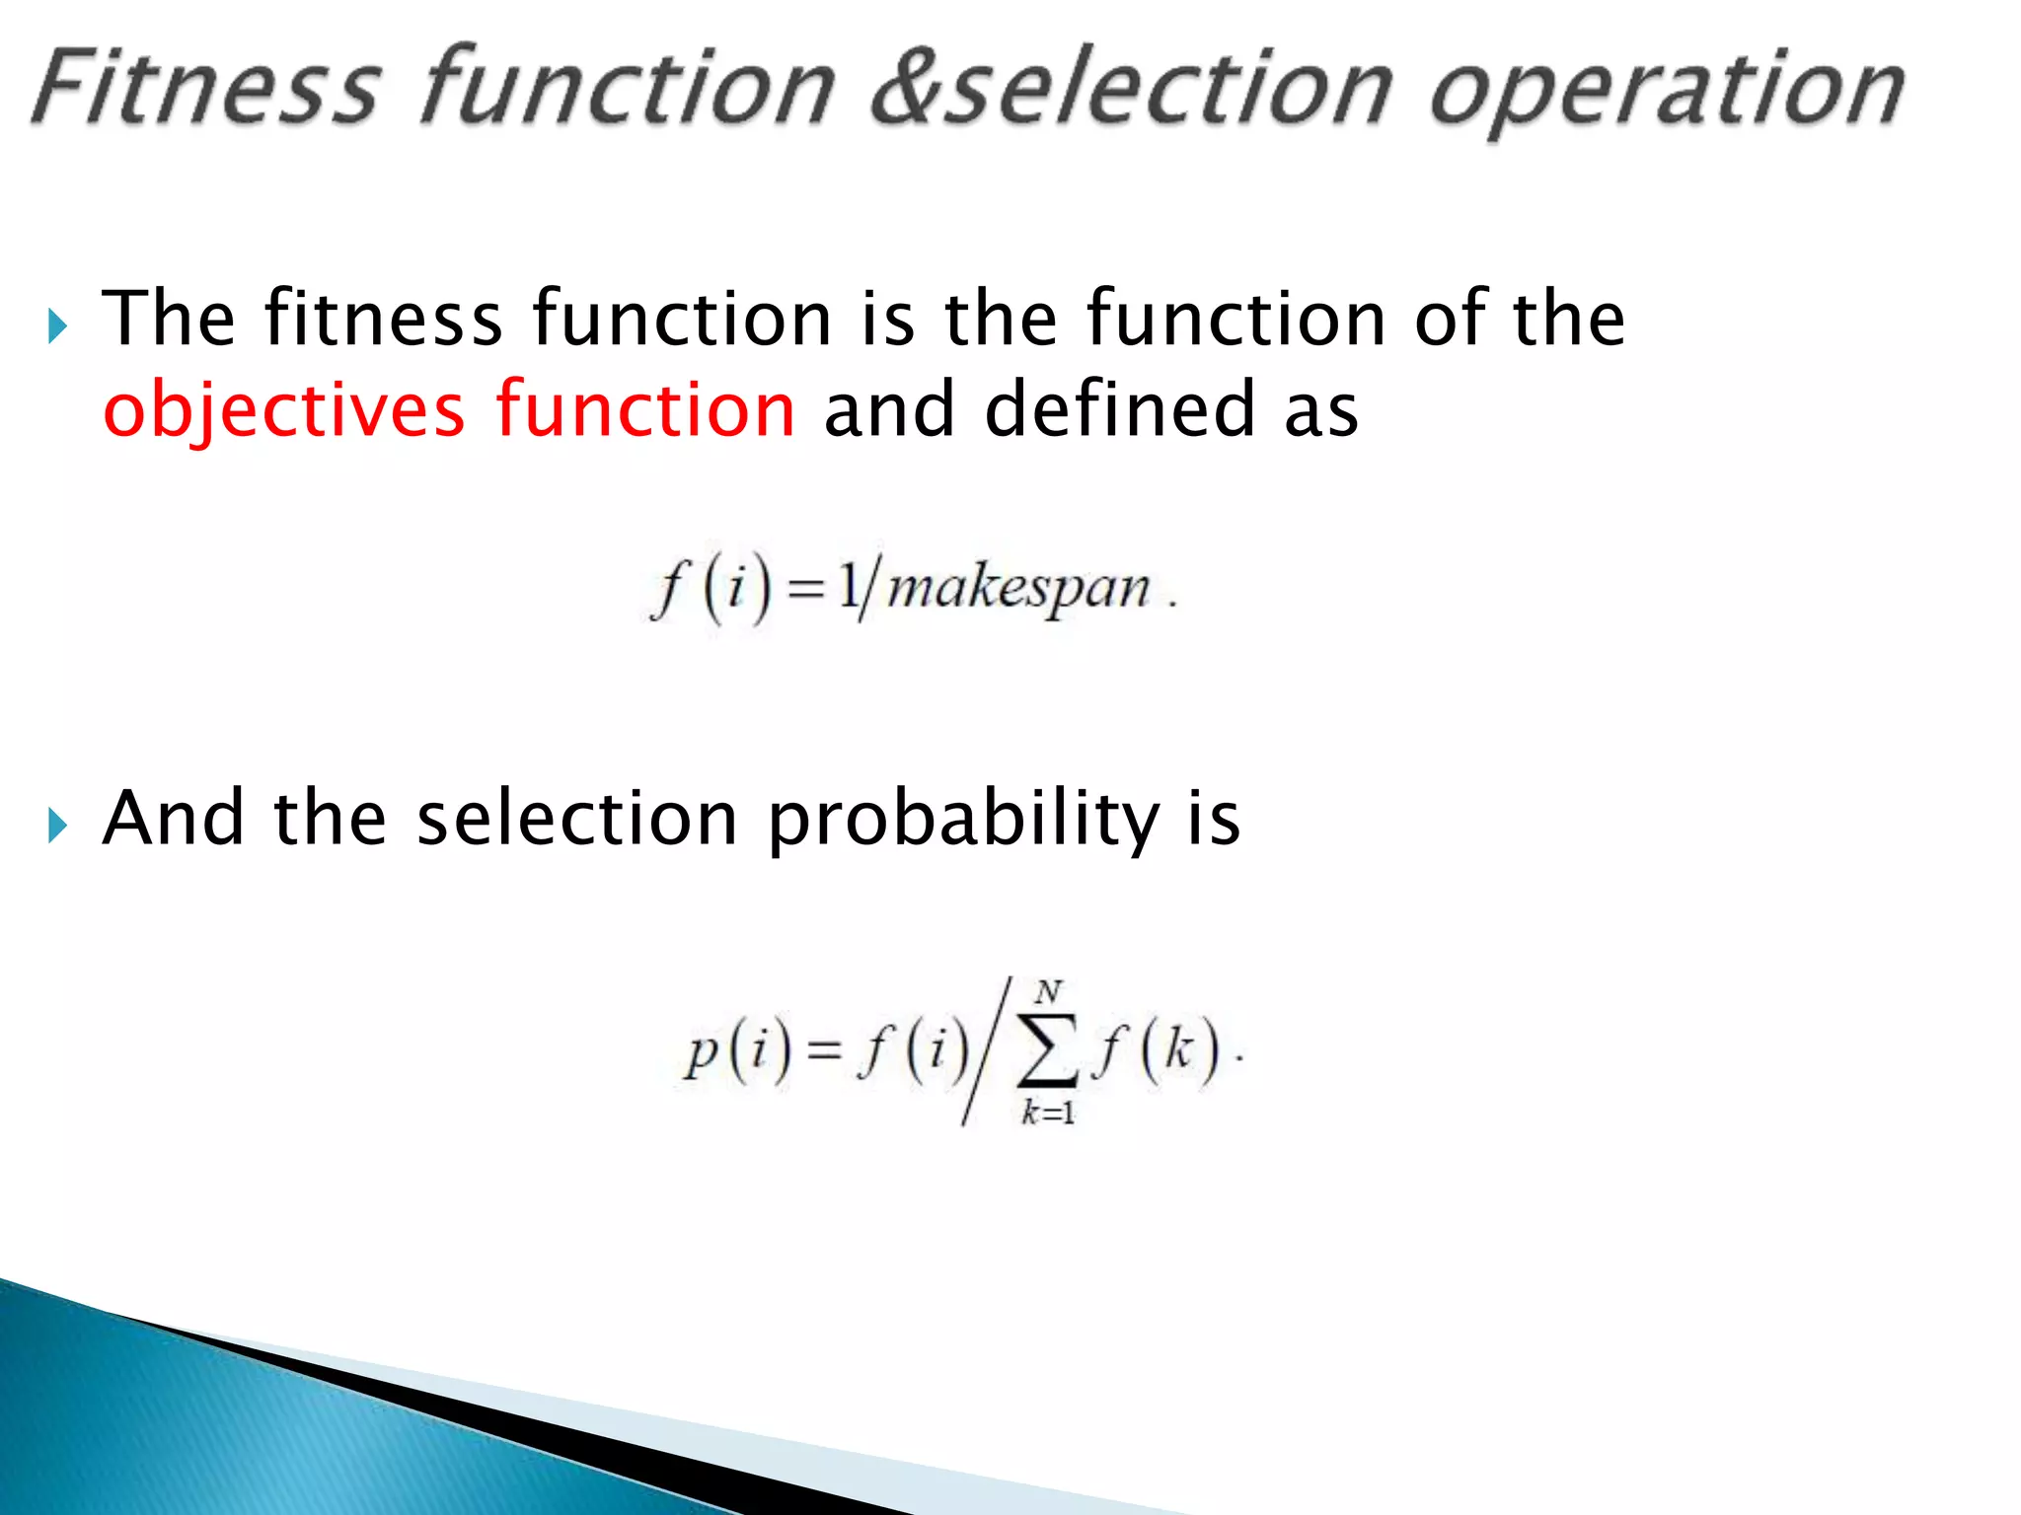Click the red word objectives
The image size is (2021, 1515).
[284, 410]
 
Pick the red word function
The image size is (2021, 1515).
[645, 408]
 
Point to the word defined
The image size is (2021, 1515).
[1119, 408]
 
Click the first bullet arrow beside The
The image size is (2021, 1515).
[57, 325]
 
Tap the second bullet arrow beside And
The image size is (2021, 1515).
[57, 825]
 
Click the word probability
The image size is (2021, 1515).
[963, 821]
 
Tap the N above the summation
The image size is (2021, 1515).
[1048, 990]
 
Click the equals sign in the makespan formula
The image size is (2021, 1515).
[806, 590]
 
